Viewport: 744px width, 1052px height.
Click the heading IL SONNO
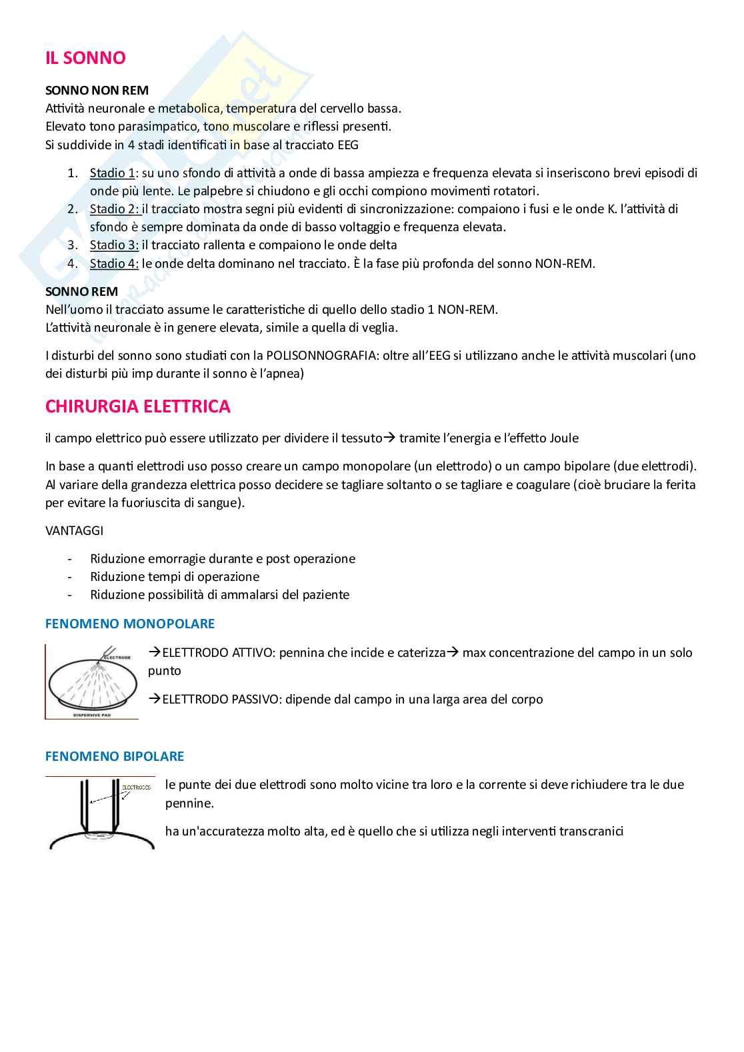pyautogui.click(x=85, y=58)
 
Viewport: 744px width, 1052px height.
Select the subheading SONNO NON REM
pyautogui.click(x=97, y=90)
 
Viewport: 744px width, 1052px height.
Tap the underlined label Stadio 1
pyautogui.click(x=112, y=173)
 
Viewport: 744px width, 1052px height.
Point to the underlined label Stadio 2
pyautogui.click(x=113, y=209)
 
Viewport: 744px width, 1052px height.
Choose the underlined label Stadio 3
pyautogui.click(x=113, y=245)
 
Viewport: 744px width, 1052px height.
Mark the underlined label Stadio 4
pyautogui.click(x=113, y=263)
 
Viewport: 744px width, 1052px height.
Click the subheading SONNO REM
pyautogui.click(x=81, y=291)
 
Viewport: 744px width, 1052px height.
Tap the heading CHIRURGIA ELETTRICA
pyautogui.click(x=138, y=406)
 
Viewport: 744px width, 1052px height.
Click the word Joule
pyautogui.click(x=564, y=438)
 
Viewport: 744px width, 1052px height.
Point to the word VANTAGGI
pyautogui.click(x=74, y=531)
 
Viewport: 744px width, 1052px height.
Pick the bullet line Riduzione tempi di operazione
pyautogui.click(x=175, y=577)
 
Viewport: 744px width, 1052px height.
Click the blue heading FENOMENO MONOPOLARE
pyautogui.click(x=130, y=624)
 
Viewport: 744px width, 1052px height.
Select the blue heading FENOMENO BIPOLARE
pyautogui.click(x=115, y=756)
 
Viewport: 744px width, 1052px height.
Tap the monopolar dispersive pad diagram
pyautogui.click(x=92, y=682)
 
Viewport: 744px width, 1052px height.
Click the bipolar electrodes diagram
pyautogui.click(x=101, y=813)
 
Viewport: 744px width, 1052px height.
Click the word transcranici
pyautogui.click(x=591, y=831)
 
